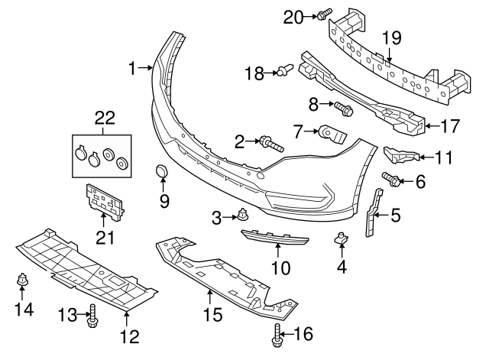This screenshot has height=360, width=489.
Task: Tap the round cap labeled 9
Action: pos(163,173)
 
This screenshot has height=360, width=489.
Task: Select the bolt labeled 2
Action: pos(271,142)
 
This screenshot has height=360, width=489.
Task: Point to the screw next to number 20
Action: pos(324,12)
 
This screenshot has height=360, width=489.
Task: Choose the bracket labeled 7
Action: pos(332,135)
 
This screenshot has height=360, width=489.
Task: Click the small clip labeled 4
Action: pos(341,241)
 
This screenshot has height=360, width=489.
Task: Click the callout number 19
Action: pos(391,37)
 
